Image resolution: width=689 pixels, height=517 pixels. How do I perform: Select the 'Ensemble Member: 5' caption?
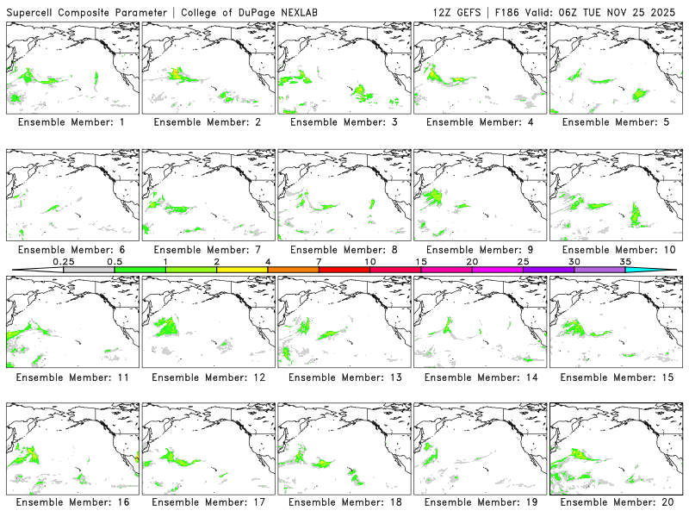point(616,122)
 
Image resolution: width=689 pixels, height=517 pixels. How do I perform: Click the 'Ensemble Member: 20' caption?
point(616,501)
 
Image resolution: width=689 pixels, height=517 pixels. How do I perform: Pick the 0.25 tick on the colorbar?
point(64,261)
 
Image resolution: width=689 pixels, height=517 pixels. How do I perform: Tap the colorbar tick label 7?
point(319,261)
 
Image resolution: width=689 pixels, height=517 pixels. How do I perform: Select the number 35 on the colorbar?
point(625,261)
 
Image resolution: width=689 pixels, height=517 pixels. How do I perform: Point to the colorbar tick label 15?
point(420,261)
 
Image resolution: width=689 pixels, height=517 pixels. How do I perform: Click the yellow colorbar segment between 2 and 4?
point(242,270)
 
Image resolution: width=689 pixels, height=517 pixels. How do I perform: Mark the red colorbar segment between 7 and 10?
point(344,270)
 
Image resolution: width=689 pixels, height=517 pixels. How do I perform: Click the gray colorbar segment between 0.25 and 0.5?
point(89,270)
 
